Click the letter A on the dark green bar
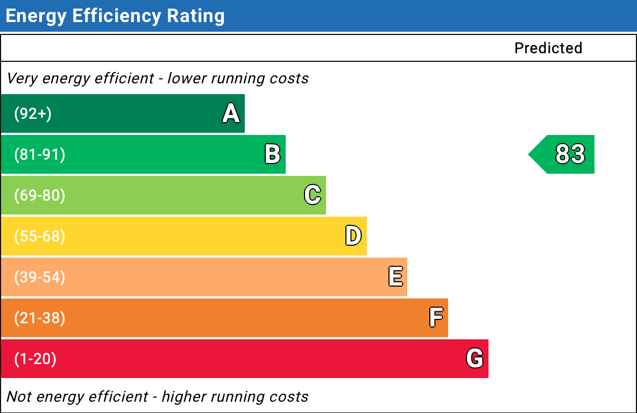tap(231, 113)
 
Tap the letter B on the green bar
tap(272, 154)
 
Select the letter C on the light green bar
tap(313, 195)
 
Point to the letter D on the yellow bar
tap(353, 236)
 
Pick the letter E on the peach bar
tap(395, 277)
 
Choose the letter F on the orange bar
tap(436, 318)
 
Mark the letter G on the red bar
tap(475, 358)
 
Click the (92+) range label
tap(33, 114)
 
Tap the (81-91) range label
tap(39, 155)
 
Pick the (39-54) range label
tap(39, 277)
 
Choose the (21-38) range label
tap(39, 318)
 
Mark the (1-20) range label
tap(35, 359)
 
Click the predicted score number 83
tap(570, 154)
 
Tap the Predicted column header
tap(548, 48)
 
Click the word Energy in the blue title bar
tap(36, 16)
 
